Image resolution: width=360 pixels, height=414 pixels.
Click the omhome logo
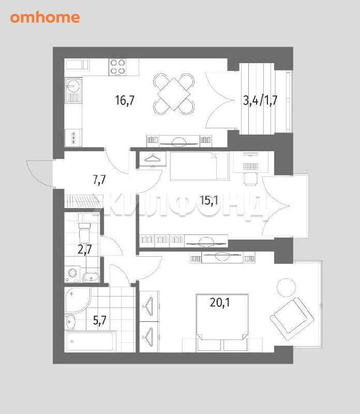pyautogui.click(x=45, y=18)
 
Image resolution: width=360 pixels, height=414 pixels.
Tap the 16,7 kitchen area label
pyautogui.click(x=125, y=100)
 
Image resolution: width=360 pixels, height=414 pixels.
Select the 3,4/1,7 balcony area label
pyautogui.click(x=260, y=100)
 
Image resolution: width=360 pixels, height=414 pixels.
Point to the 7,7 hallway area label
pyautogui.click(x=99, y=180)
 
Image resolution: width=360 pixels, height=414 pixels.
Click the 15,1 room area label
pyautogui.click(x=209, y=200)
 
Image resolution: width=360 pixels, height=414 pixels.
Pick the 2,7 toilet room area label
pyautogui.click(x=85, y=249)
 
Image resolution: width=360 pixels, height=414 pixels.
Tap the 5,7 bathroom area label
pyautogui.click(x=100, y=320)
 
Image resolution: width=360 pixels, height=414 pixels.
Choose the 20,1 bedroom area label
pyautogui.click(x=220, y=302)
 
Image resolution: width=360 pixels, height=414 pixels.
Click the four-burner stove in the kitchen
pyautogui.click(x=117, y=67)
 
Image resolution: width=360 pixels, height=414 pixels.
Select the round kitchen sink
pyautogui.click(x=72, y=85)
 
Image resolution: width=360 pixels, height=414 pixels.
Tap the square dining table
pyautogui.click(x=174, y=94)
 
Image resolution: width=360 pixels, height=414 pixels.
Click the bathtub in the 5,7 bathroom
pyautogui.click(x=91, y=342)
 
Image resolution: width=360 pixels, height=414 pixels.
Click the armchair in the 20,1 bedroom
pyautogui.click(x=292, y=319)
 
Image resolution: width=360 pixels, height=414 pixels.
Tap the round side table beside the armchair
pyautogui.click(x=286, y=288)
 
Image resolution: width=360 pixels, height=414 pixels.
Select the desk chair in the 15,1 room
pyautogui.click(x=250, y=179)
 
